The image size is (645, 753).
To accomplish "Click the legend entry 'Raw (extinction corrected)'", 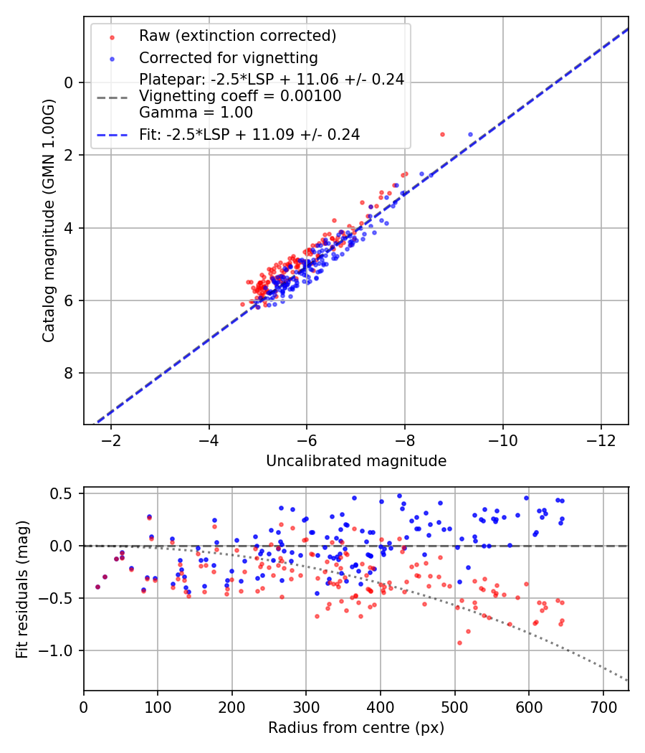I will [x=237, y=36].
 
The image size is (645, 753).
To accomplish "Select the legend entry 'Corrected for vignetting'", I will [x=228, y=57].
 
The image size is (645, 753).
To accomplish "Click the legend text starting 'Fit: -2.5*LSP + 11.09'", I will [x=249, y=134].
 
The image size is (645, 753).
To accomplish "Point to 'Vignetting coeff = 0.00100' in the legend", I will [x=240, y=96].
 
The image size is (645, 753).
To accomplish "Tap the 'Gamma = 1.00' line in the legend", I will [x=196, y=113].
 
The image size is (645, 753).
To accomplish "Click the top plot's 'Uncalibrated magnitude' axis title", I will [x=356, y=461].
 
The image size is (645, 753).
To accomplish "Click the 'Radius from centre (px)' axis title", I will [x=356, y=728].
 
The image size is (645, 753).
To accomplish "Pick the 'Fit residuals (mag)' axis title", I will [x=22, y=589].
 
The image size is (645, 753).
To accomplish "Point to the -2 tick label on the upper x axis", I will [x=111, y=440].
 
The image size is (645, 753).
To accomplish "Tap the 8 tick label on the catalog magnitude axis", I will [x=69, y=373].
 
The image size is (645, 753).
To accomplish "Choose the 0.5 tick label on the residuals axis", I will [x=63, y=493].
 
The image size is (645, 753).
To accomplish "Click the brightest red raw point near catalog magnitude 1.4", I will [x=442, y=134].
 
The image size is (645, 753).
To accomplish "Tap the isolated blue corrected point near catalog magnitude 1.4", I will [x=470, y=134].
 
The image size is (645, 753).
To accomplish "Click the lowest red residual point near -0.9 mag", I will [x=459, y=643].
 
